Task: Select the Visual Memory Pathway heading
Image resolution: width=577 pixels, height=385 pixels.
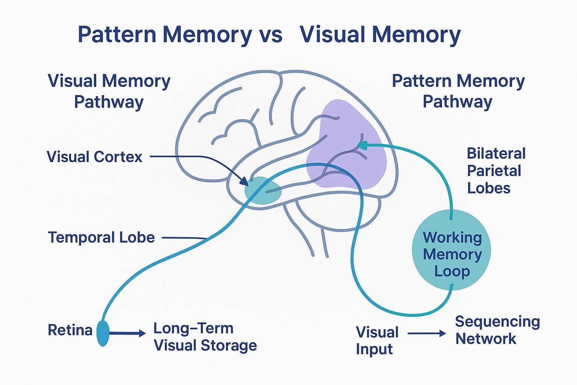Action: (109, 91)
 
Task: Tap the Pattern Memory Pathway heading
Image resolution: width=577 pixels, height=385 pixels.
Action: (458, 91)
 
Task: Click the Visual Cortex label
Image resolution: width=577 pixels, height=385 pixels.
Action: (94, 157)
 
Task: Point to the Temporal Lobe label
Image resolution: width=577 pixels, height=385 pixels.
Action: (101, 238)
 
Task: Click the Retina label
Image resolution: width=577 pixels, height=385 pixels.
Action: (70, 330)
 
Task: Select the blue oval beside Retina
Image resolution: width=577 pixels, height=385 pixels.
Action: (103, 333)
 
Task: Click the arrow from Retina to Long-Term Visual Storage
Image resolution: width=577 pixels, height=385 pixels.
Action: (128, 333)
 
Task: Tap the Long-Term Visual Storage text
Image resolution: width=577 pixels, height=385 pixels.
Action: (205, 337)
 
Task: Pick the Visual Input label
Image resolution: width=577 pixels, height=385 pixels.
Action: (377, 340)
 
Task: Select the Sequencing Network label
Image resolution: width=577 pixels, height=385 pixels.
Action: (497, 330)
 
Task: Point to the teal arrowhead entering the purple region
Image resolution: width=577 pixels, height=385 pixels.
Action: (362, 145)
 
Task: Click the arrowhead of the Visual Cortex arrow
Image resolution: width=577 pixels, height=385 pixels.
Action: (245, 182)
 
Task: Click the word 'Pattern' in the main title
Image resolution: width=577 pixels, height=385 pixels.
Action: (116, 35)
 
